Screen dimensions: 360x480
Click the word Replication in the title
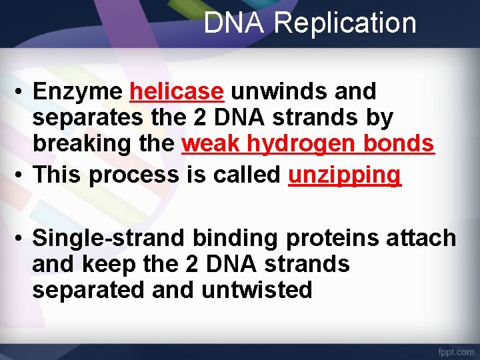[x=345, y=23]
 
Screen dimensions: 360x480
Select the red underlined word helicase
[x=177, y=91]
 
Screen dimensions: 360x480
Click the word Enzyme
[x=77, y=91]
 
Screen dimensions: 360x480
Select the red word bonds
[x=403, y=143]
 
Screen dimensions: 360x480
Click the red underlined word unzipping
[x=345, y=175]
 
